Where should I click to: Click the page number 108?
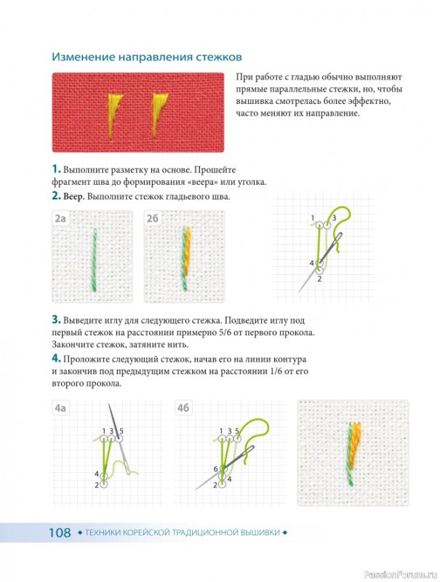[x=60, y=533]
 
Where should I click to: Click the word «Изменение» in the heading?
[x=83, y=57]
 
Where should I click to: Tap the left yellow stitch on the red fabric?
[x=113, y=115]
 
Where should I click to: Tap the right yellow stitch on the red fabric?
[x=159, y=114]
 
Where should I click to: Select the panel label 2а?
[x=60, y=219]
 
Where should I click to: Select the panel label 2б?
[x=153, y=219]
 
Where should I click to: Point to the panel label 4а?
[x=60, y=408]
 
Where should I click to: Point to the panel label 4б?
[x=183, y=408]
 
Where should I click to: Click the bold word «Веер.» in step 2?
[x=74, y=196]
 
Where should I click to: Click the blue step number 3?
[x=56, y=319]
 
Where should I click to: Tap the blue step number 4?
[x=56, y=359]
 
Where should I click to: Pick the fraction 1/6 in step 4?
[x=277, y=371]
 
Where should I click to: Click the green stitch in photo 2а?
[x=94, y=260]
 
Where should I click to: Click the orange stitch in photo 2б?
[x=188, y=250]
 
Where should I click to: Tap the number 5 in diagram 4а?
[x=121, y=431]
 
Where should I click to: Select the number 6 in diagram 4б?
[x=215, y=469]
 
